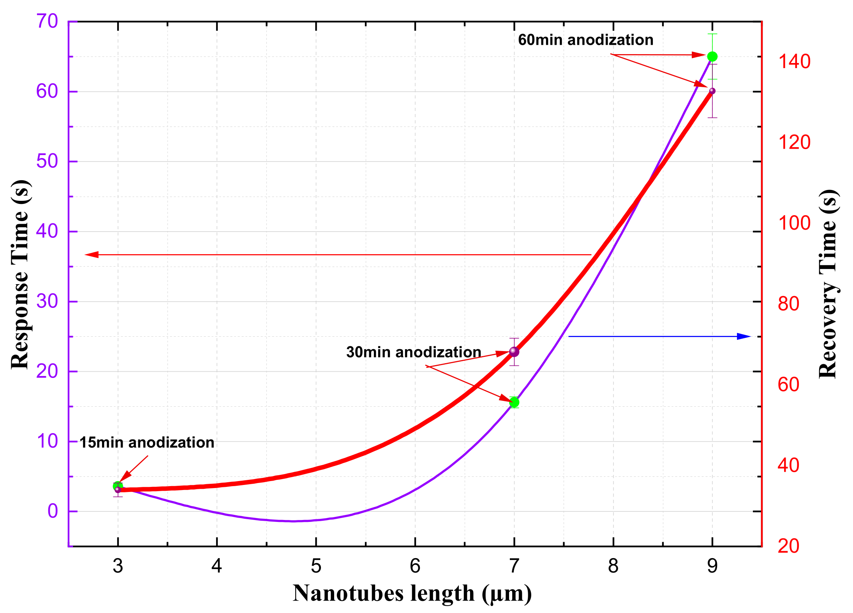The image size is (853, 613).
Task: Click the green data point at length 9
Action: point(712,56)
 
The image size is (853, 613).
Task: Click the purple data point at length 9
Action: point(712,91)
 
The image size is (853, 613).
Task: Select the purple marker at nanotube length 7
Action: point(514,352)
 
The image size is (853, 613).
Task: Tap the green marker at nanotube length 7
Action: point(514,402)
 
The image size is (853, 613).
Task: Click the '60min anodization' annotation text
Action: point(585,40)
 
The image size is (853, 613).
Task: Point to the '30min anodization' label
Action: point(414,352)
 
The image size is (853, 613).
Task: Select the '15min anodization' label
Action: point(147,443)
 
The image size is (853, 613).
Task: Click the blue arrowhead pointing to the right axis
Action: point(745,336)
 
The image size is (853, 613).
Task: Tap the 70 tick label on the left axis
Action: point(47,21)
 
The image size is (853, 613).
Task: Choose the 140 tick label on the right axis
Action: point(794,61)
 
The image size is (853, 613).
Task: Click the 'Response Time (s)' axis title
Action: point(20,274)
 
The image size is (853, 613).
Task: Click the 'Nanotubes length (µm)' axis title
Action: point(412,594)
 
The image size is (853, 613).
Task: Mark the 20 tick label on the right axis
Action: point(788,546)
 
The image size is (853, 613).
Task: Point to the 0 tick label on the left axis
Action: point(53,511)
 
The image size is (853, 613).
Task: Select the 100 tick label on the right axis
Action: point(794,223)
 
